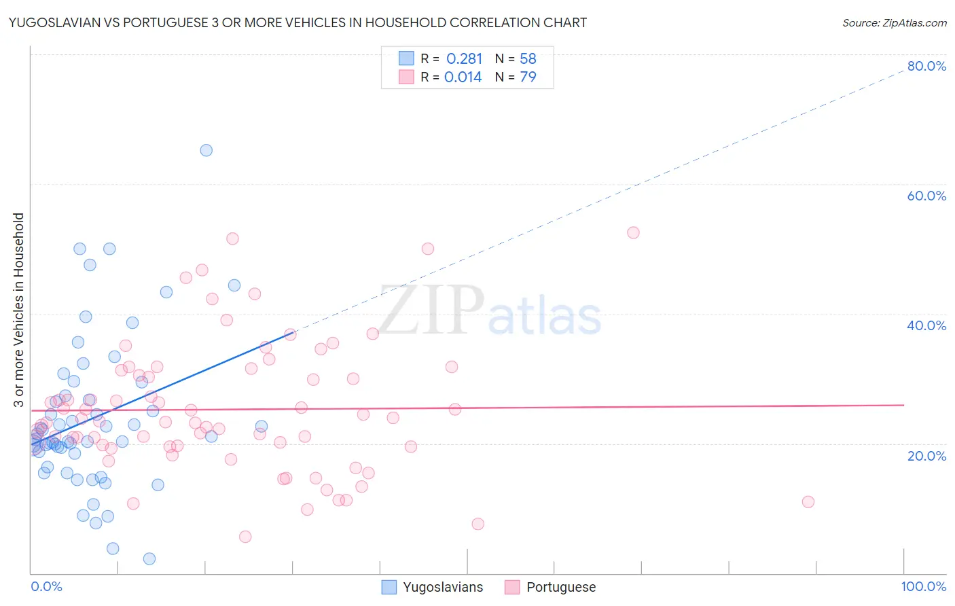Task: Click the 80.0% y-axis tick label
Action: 926,66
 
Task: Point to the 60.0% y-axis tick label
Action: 926,196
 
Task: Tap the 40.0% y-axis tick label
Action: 926,325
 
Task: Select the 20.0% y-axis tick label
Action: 926,455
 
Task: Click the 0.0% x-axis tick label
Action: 46,586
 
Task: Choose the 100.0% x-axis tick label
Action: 923,586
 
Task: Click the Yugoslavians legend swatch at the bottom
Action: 389,587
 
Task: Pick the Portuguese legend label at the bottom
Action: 561,587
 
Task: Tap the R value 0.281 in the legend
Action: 464,58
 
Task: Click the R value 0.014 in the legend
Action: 463,77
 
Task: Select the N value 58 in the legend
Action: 528,58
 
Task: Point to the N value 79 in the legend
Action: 528,77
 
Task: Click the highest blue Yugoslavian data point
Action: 206,150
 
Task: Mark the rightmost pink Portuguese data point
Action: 808,502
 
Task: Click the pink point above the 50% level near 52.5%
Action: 633,232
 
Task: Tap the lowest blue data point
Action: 149,558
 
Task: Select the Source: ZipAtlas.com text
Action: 894,22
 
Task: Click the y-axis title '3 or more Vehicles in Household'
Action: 18,310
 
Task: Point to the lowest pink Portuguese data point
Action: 245,537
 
